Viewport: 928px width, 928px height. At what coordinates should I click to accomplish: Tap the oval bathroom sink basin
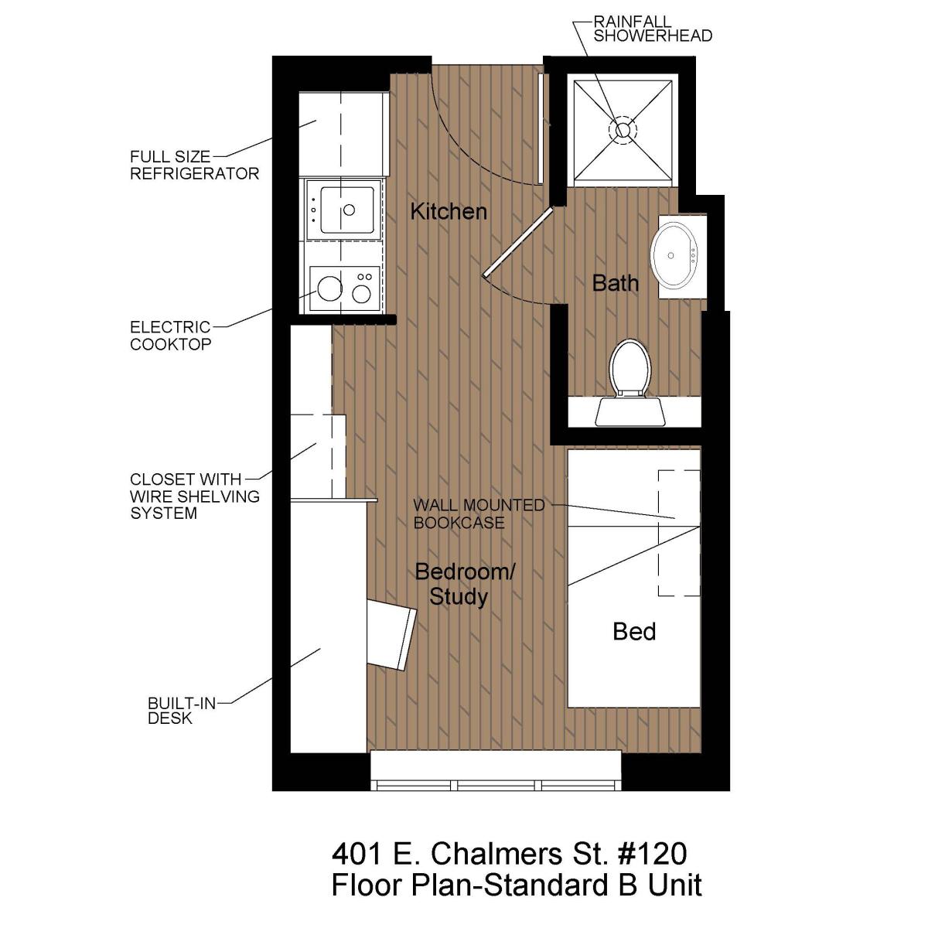674,255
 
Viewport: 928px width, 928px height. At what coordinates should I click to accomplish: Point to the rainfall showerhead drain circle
623,130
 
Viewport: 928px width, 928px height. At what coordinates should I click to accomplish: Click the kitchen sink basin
346,210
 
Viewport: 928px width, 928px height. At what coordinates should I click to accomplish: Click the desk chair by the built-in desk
391,634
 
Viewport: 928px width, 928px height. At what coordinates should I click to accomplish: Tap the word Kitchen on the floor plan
449,212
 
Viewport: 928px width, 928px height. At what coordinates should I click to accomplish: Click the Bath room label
615,283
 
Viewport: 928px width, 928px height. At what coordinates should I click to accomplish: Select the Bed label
634,631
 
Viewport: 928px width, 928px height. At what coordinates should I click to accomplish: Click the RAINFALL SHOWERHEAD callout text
653,29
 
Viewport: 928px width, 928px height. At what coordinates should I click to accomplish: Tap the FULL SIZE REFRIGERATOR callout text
195,165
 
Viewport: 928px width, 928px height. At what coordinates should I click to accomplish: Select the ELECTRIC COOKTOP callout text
170,336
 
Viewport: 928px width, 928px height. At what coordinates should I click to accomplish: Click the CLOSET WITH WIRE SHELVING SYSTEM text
195,496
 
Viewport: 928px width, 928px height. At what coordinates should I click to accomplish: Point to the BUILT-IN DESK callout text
182,711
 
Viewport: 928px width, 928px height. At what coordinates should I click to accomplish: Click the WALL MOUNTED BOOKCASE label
479,513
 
